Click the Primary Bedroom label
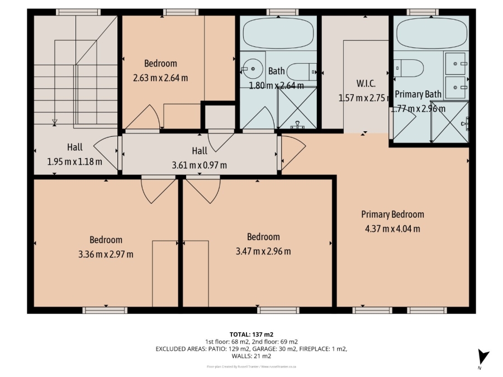pos(392,214)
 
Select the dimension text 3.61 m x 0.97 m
pos(200,165)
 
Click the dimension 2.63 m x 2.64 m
pos(160,78)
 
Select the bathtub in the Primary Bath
pos(430,34)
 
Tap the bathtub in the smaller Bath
pos(278,33)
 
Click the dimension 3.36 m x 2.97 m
pos(106,254)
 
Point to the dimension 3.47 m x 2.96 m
pos(263,251)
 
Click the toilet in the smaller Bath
pos(303,71)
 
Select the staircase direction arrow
pos(55,121)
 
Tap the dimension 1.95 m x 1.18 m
pos(75,162)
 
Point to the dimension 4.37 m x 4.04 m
pos(392,228)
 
